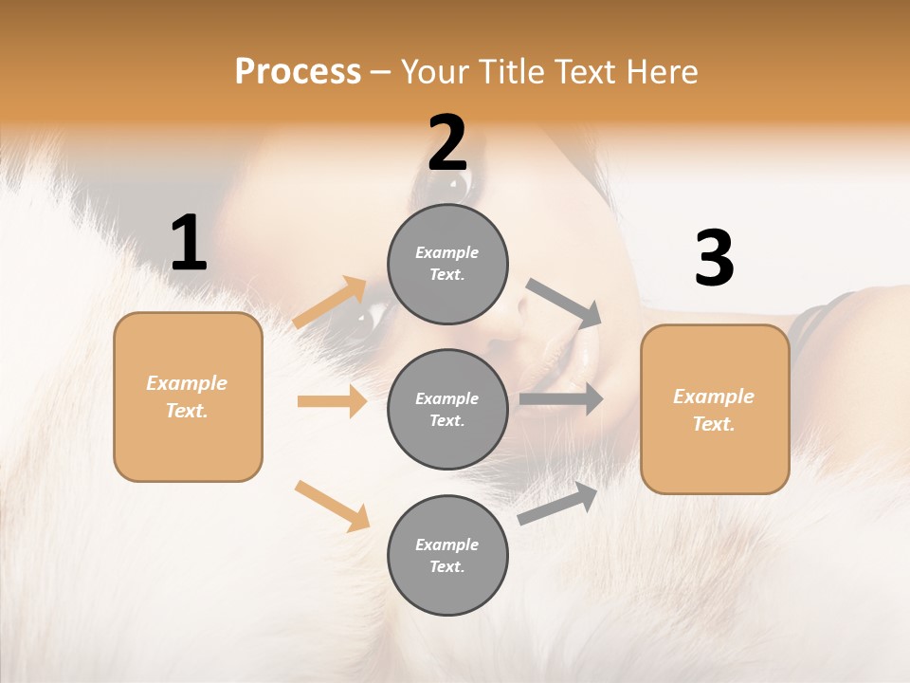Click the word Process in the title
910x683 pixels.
coord(298,72)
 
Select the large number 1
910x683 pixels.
coord(189,244)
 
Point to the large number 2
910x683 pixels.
coord(447,143)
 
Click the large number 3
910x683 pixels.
coord(714,259)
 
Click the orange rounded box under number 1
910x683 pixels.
coord(188,397)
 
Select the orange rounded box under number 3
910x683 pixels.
coord(715,409)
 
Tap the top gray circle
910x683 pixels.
coord(447,263)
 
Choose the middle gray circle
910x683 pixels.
coord(447,409)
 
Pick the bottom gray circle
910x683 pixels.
coord(447,555)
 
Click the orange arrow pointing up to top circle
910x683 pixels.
coord(330,303)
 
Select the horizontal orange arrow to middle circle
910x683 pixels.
coord(332,401)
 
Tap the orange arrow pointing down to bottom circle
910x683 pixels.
coord(332,506)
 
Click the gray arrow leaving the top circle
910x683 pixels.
coord(564,303)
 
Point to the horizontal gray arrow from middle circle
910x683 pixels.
coord(561,398)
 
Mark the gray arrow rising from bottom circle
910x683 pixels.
coord(557,504)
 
